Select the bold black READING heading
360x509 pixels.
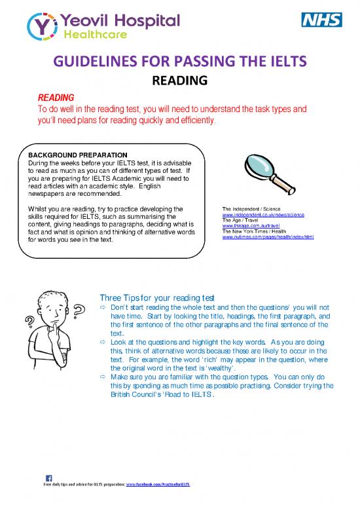[179, 81]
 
